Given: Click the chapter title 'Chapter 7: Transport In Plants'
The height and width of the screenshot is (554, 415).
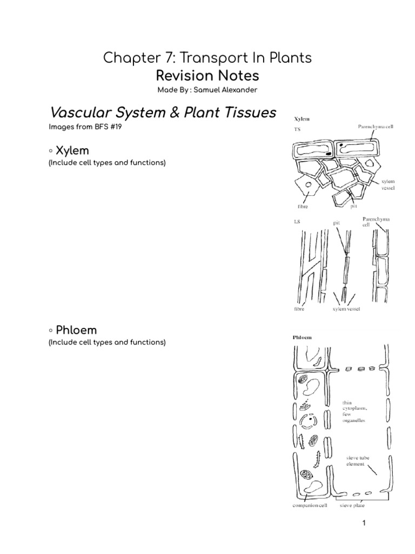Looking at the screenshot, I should [x=207, y=58].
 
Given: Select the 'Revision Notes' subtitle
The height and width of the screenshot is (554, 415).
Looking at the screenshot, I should [x=207, y=75].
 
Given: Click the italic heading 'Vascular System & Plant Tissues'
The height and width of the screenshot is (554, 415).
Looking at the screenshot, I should [x=163, y=113].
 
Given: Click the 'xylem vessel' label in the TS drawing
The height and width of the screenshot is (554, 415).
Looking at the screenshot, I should [x=388, y=186].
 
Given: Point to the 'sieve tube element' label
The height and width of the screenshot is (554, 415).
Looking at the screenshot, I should [x=359, y=461].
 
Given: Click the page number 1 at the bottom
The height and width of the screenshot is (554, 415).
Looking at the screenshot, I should [x=364, y=523].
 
